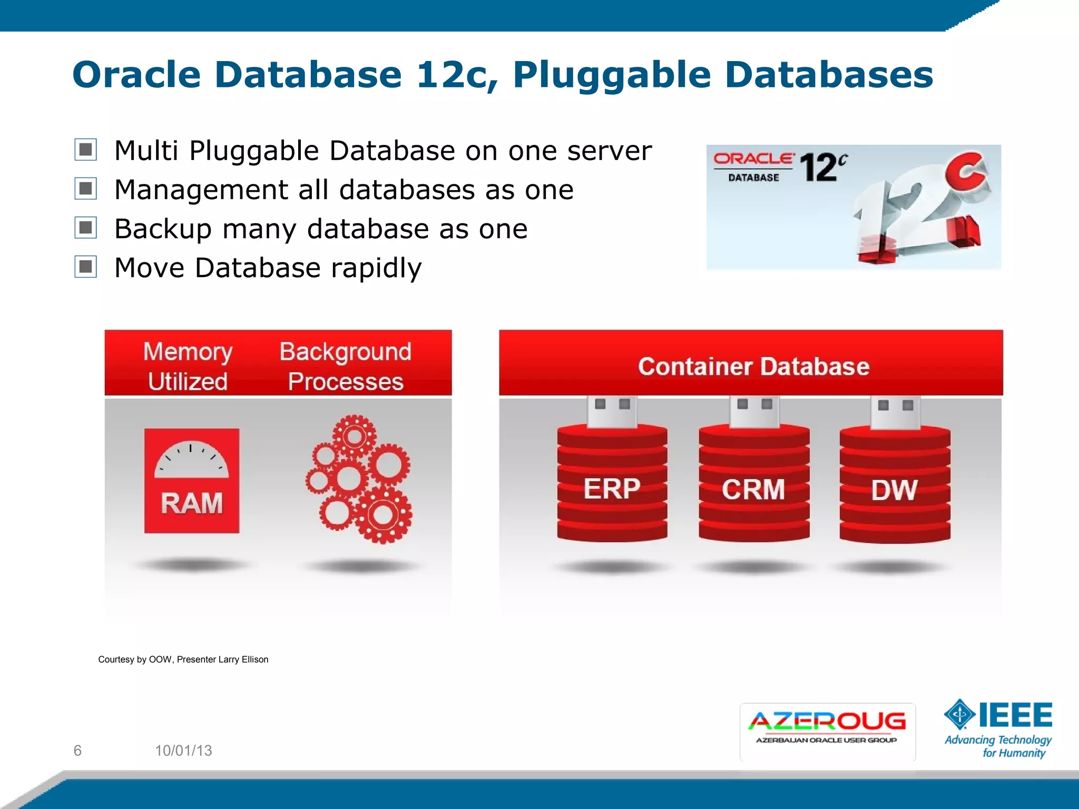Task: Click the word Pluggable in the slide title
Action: click(611, 75)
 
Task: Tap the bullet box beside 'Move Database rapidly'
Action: click(85, 267)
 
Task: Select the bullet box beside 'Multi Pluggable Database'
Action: click(85, 150)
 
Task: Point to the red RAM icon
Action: click(192, 480)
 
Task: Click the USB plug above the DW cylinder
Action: click(895, 412)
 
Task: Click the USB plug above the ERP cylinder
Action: click(612, 411)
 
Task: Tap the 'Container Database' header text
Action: click(753, 366)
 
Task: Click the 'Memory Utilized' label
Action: click(188, 366)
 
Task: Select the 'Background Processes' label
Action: click(346, 366)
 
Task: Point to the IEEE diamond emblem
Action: click(960, 715)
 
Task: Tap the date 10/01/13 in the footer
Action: click(183, 751)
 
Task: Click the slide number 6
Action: click(77, 751)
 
